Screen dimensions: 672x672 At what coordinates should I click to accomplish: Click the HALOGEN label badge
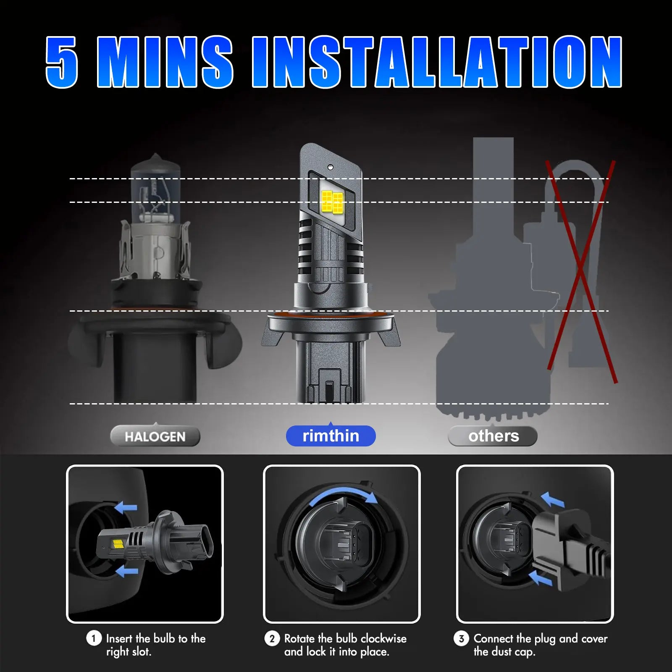(x=155, y=436)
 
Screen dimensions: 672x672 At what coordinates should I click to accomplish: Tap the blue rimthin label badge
(x=331, y=436)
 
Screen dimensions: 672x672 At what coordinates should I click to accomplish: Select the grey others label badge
(x=493, y=436)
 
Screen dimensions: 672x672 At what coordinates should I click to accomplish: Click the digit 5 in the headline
(x=62, y=62)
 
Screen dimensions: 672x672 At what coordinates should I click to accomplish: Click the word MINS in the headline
(x=165, y=62)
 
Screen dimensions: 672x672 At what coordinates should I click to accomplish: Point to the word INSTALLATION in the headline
(x=437, y=62)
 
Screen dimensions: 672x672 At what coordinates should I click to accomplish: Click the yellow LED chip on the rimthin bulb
(x=332, y=201)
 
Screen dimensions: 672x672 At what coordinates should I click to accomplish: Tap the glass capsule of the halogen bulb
(x=156, y=189)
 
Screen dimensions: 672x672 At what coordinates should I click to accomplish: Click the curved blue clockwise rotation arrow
(x=342, y=491)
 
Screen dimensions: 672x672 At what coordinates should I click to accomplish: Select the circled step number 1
(x=94, y=638)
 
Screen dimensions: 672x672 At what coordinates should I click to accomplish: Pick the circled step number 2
(x=272, y=638)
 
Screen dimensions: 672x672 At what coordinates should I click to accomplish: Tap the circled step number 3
(x=461, y=638)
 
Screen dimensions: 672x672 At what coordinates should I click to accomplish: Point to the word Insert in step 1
(x=119, y=638)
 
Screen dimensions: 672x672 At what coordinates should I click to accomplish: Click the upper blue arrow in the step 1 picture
(x=126, y=507)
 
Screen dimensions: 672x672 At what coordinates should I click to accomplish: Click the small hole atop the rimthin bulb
(x=331, y=167)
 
